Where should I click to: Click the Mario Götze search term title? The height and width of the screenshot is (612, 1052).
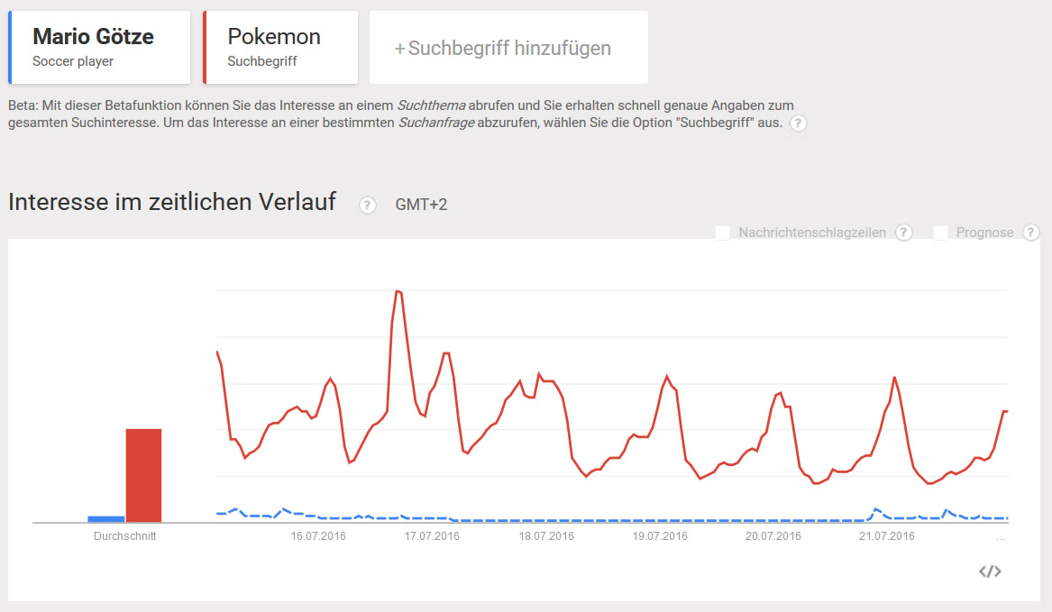pyautogui.click(x=93, y=37)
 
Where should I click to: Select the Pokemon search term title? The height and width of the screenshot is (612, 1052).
pyautogui.click(x=274, y=37)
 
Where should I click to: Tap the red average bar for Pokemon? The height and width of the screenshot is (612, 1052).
pyautogui.click(x=143, y=475)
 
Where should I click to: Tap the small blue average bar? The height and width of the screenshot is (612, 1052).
pyautogui.click(x=105, y=518)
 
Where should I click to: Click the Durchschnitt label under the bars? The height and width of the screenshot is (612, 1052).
pyautogui.click(x=124, y=536)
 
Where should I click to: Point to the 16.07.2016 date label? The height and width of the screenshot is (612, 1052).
pyautogui.click(x=318, y=536)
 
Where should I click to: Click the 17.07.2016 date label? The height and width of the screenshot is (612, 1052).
pyautogui.click(x=432, y=536)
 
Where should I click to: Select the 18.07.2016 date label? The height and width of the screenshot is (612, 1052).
pyautogui.click(x=546, y=536)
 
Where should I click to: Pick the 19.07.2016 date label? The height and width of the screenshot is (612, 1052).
pyautogui.click(x=660, y=536)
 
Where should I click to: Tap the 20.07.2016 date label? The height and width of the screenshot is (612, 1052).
pyautogui.click(x=773, y=536)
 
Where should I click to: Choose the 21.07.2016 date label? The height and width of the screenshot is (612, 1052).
pyautogui.click(x=887, y=536)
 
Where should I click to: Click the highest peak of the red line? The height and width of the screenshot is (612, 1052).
pyautogui.click(x=398, y=291)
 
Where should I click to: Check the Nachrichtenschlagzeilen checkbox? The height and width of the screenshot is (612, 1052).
pyautogui.click(x=722, y=233)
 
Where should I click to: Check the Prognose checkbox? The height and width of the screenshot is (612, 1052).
pyautogui.click(x=940, y=233)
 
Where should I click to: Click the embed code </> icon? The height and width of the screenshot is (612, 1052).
pyautogui.click(x=990, y=571)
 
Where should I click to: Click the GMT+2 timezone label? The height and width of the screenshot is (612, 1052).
pyautogui.click(x=421, y=205)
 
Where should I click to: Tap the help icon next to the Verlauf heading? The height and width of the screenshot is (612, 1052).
pyautogui.click(x=367, y=205)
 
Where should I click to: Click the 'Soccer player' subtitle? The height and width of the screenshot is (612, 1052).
pyautogui.click(x=73, y=62)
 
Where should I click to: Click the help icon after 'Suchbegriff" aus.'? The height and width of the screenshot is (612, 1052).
pyautogui.click(x=798, y=123)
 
